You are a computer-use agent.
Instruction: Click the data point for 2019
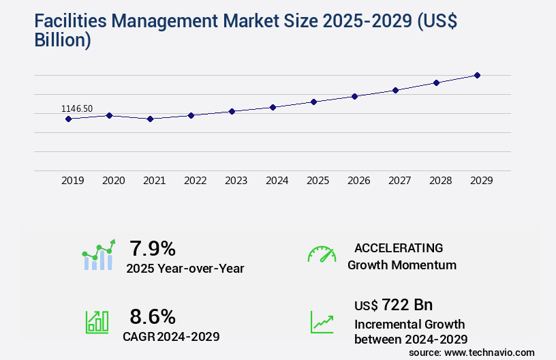68,119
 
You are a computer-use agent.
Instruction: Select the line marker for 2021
150,119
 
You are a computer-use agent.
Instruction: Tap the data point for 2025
313,102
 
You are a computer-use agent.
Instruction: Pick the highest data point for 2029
477,75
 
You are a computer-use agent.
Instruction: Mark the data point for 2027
395,90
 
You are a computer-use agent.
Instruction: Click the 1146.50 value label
77,108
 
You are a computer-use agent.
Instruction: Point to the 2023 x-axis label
236,181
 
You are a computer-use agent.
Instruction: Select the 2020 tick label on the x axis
113,181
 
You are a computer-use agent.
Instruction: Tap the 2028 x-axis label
440,181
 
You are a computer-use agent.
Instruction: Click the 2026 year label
358,181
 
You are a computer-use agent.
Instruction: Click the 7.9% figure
153,248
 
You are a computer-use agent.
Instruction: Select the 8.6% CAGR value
153,316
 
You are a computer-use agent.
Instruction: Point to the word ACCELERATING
399,247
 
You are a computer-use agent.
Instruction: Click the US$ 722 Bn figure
393,304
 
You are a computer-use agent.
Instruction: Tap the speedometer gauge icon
322,254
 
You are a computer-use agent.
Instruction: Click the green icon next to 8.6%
97,322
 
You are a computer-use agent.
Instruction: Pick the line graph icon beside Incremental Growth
322,322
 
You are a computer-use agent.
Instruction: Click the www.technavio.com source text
489,352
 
